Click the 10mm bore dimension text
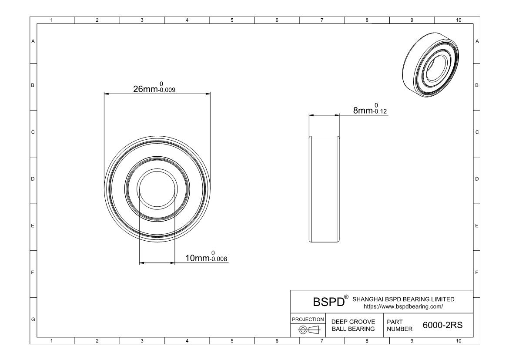[198, 259]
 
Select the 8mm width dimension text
[363, 111]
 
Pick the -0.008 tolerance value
[219, 260]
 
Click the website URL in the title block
[403, 306]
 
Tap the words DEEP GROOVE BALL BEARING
[353, 325]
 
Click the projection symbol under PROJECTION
[308, 330]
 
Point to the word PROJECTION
[308, 319]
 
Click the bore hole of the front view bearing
[157, 189]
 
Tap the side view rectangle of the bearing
[324, 189]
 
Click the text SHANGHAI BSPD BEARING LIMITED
[403, 299]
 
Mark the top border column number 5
[232, 20]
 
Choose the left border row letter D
[33, 179]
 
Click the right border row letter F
[477, 273]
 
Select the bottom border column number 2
[97, 341]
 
